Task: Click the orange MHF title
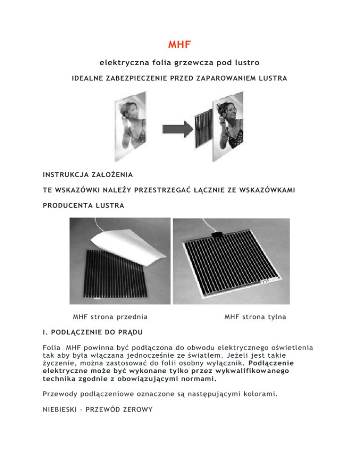tap(180, 46)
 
